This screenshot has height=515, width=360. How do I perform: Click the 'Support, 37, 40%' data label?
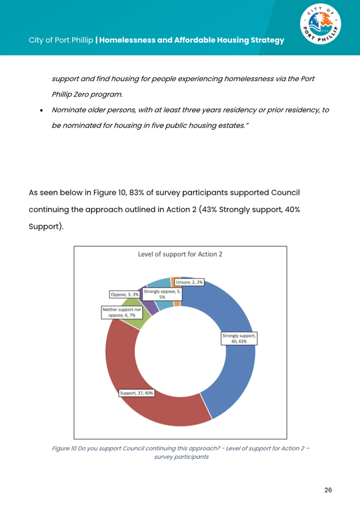pos(137,393)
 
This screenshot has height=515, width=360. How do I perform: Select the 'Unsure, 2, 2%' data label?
pos(189,281)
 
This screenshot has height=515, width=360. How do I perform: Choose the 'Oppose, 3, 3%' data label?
pos(124,294)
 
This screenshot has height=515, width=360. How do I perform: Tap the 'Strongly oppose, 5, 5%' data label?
pos(162,294)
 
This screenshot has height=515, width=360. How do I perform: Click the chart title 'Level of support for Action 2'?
pos(180,254)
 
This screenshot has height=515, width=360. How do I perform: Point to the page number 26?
pos(328,490)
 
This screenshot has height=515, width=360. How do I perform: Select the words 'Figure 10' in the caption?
pos(62,448)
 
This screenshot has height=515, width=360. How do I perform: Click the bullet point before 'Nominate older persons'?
pos(42,110)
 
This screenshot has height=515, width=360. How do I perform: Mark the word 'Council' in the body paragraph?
pos(273,192)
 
